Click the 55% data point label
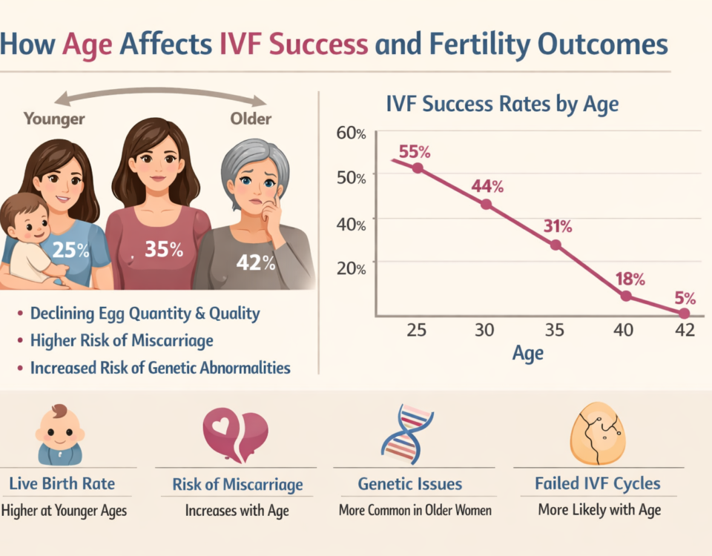[x=414, y=151]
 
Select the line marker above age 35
[x=556, y=245]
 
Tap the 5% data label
[x=685, y=299]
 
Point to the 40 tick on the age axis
[x=624, y=330]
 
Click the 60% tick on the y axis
[x=352, y=133]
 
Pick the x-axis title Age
[x=527, y=353]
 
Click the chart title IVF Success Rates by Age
[x=502, y=104]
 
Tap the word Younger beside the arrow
[x=54, y=119]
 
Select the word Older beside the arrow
[x=250, y=119]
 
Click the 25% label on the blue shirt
[x=72, y=251]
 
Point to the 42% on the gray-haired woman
[x=256, y=262]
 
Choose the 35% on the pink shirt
[x=164, y=249]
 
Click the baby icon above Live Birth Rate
[x=59, y=435]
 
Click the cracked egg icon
[x=597, y=433]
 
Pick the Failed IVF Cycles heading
[x=598, y=484]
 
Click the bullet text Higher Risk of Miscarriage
[x=122, y=340]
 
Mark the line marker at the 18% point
[x=626, y=296]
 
